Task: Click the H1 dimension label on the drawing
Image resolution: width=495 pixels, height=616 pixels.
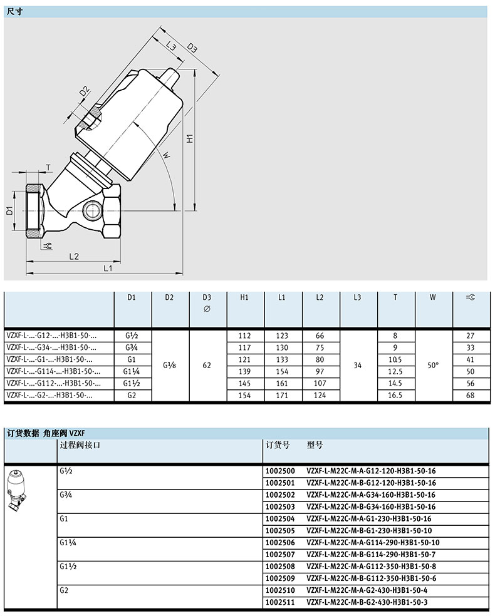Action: click(190, 139)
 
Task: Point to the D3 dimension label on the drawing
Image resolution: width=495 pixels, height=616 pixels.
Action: click(192, 48)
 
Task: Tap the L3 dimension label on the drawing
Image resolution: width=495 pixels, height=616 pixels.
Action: click(170, 46)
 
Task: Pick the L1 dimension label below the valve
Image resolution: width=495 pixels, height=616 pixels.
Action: click(108, 269)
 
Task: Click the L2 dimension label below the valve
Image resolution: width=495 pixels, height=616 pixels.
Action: click(74, 257)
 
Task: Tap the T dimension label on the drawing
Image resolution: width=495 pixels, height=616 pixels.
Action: click(49, 168)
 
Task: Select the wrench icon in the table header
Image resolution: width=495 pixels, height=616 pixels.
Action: click(470, 297)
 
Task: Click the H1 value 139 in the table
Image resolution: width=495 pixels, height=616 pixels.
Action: click(244, 371)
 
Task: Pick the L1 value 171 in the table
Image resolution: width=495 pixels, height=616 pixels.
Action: click(282, 395)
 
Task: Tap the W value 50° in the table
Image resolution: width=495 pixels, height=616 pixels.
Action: click(433, 366)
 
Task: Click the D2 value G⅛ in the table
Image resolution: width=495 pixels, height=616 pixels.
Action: click(169, 366)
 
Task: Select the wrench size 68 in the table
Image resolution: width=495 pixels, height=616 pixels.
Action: click(470, 395)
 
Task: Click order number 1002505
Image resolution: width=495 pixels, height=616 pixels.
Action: click(280, 531)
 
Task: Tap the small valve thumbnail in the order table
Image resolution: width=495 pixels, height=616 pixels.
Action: click(18, 491)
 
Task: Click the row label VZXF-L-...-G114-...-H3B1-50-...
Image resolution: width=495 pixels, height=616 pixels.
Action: click(53, 371)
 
